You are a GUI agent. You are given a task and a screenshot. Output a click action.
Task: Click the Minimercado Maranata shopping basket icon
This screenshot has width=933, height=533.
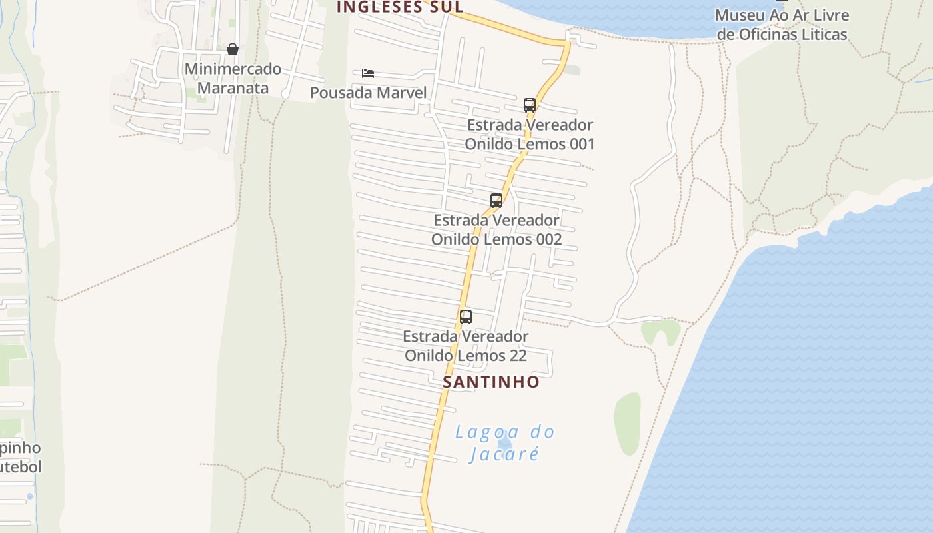pyautogui.click(x=233, y=49)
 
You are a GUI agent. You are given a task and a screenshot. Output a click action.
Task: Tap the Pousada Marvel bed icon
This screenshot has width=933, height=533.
pyautogui.click(x=368, y=73)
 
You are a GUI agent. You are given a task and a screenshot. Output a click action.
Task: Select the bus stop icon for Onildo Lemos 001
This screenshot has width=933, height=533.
pyautogui.click(x=530, y=105)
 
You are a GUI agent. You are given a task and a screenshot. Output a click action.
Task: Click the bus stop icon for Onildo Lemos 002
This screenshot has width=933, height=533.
pyautogui.click(x=496, y=201)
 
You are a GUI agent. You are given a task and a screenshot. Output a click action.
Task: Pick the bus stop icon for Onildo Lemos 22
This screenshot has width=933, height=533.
pyautogui.click(x=466, y=317)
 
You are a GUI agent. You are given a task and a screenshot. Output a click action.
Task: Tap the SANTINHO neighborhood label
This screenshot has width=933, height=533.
pyautogui.click(x=491, y=382)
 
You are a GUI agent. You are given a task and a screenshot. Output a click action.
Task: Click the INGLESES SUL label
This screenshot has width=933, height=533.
pyautogui.click(x=399, y=7)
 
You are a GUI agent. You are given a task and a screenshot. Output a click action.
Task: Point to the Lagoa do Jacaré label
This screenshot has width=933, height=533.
pyautogui.click(x=504, y=443)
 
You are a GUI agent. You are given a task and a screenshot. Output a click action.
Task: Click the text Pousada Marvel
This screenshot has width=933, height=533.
pyautogui.click(x=368, y=93)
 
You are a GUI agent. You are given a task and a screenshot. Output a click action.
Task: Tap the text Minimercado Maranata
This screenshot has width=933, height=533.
pyautogui.click(x=233, y=78)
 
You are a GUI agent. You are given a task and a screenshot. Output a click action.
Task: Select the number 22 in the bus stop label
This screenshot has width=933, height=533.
pyautogui.click(x=518, y=356)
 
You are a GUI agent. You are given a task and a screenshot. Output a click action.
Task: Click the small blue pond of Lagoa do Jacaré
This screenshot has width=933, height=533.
pyautogui.click(x=505, y=442)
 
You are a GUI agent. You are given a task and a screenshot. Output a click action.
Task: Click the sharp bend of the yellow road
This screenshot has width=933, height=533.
pyautogui.click(x=567, y=44)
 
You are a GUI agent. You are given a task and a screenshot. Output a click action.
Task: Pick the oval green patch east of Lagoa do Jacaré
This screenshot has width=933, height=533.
pyautogui.click(x=627, y=424)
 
